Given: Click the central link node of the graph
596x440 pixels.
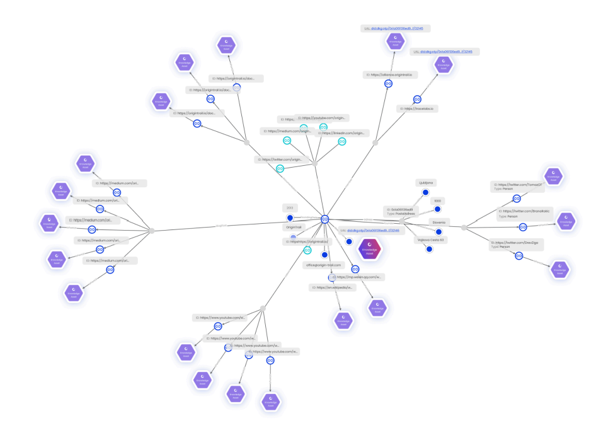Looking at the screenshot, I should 325,219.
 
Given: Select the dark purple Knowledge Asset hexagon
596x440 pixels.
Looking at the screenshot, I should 370,250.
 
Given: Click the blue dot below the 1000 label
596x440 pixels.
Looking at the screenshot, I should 438,209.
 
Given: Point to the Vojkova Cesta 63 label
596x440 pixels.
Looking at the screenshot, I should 430,240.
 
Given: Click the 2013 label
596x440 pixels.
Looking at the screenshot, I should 290,207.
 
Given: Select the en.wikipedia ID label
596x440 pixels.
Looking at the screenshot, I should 333,287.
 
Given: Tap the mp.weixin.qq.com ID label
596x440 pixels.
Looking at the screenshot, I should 357,277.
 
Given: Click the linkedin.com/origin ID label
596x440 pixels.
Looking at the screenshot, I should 341,133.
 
